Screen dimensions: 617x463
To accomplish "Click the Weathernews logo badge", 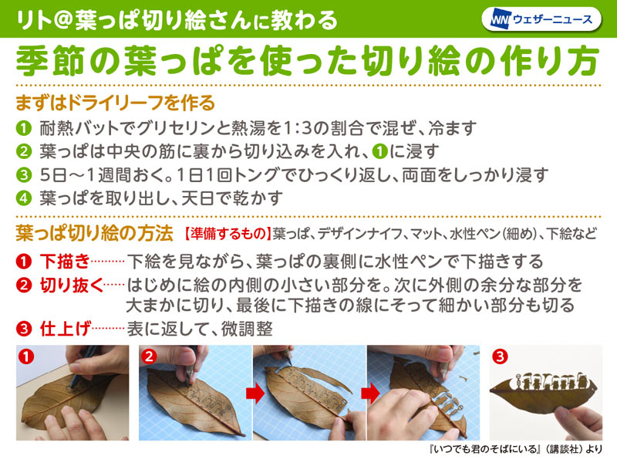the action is [541, 19].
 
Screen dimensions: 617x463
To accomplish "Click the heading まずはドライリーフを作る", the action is [115, 103].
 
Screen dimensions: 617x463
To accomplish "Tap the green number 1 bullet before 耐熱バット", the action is [24, 128].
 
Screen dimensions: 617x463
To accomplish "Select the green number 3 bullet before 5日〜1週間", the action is [24, 175].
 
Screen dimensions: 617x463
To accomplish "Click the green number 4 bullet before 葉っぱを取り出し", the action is [24, 198].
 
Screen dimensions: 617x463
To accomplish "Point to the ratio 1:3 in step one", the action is [298, 128].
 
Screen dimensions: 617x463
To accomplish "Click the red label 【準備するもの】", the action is [228, 234].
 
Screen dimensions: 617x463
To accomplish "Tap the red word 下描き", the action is [66, 262].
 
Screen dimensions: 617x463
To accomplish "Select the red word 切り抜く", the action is [72, 286].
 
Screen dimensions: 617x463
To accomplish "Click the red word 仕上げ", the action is [66, 329].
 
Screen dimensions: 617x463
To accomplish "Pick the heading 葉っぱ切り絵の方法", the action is [94, 233].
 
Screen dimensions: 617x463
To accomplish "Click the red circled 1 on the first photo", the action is [26, 357].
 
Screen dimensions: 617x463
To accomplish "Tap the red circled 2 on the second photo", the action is [149, 357].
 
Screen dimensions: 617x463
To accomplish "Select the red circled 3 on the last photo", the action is [500, 357].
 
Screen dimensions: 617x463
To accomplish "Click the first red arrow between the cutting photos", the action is [255, 394].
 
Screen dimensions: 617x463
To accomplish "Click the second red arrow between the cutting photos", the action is [370, 394].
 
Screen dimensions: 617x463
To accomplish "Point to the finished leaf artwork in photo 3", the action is [543, 392].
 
